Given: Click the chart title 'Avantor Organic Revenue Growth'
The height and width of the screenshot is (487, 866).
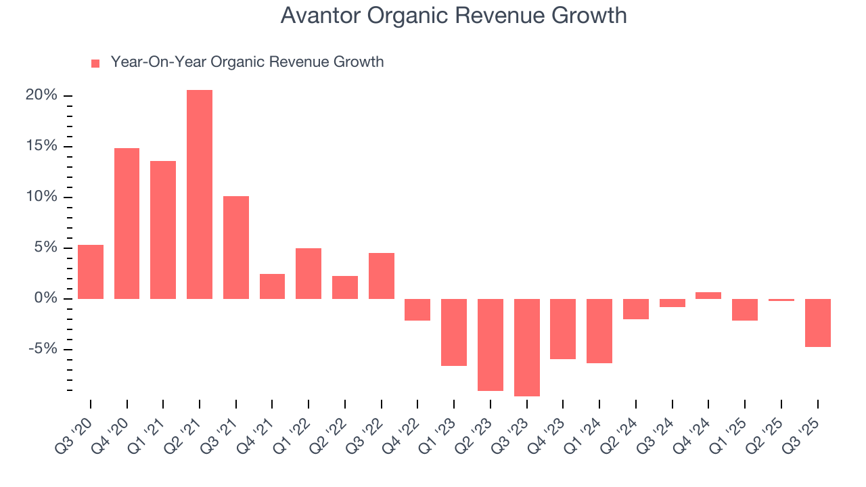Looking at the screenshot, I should [x=453, y=16].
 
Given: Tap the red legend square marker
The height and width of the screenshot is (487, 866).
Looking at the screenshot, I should [x=95, y=64].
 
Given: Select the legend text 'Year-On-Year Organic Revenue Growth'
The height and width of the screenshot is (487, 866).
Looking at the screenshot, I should [x=247, y=62].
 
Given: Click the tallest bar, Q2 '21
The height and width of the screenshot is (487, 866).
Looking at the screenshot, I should [x=200, y=194].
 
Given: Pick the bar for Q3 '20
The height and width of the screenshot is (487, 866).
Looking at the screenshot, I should [x=91, y=272].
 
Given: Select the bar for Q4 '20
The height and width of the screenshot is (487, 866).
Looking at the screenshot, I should [x=127, y=223].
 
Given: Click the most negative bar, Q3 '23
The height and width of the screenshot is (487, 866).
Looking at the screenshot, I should [x=527, y=348].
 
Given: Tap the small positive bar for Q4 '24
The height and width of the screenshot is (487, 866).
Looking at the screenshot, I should [x=708, y=296].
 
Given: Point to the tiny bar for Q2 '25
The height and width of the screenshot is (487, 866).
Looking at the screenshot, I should [x=781, y=300].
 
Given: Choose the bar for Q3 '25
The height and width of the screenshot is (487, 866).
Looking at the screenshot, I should [x=818, y=323].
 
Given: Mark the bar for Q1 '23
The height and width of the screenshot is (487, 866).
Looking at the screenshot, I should [x=454, y=332].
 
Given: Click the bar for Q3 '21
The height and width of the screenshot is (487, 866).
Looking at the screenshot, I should [x=236, y=248].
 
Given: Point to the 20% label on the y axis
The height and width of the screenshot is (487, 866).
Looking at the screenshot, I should [x=41, y=95].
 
